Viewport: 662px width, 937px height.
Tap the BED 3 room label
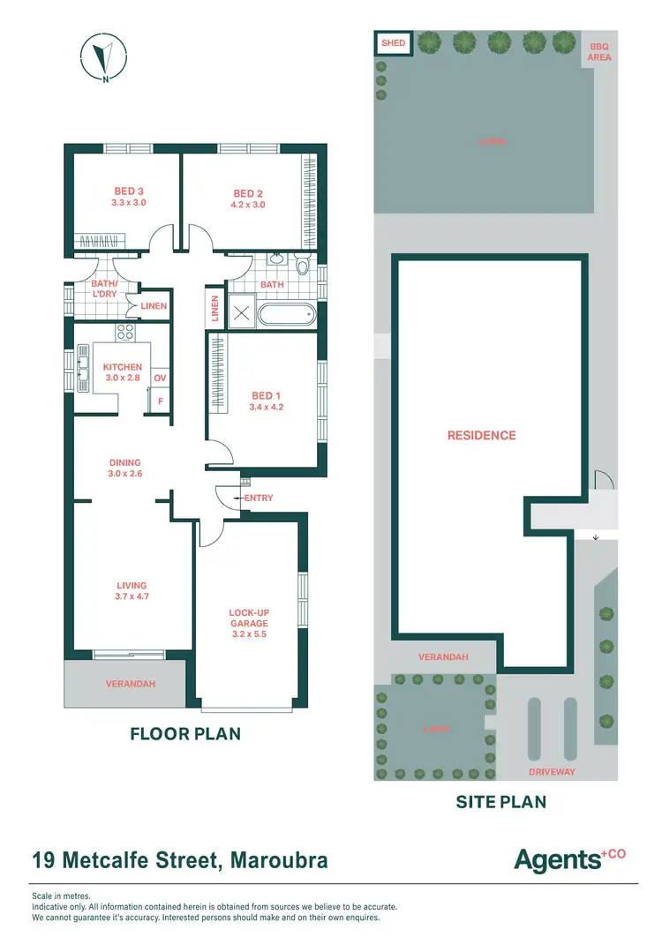[x=128, y=191]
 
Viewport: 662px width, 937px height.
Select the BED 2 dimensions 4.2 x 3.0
[x=248, y=205]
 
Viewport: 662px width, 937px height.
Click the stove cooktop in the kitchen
[x=125, y=333]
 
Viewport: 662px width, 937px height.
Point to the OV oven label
[x=160, y=379]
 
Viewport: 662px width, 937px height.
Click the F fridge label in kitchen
[x=160, y=401]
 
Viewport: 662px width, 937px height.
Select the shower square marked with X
[x=240, y=314]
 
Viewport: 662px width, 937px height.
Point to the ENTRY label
[x=259, y=498]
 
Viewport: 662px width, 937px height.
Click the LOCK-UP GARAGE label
[x=247, y=618]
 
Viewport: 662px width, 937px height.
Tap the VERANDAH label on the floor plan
[x=124, y=684]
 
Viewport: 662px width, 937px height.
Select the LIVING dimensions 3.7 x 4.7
[x=132, y=596]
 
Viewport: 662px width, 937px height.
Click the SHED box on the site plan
[x=393, y=43]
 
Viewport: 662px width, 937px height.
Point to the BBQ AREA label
[x=599, y=52]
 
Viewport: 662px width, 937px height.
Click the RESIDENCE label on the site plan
[x=481, y=435]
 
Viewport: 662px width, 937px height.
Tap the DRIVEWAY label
[x=552, y=772]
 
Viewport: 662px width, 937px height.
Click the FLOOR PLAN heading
[x=185, y=733]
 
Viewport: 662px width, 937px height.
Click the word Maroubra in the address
[x=280, y=860]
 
